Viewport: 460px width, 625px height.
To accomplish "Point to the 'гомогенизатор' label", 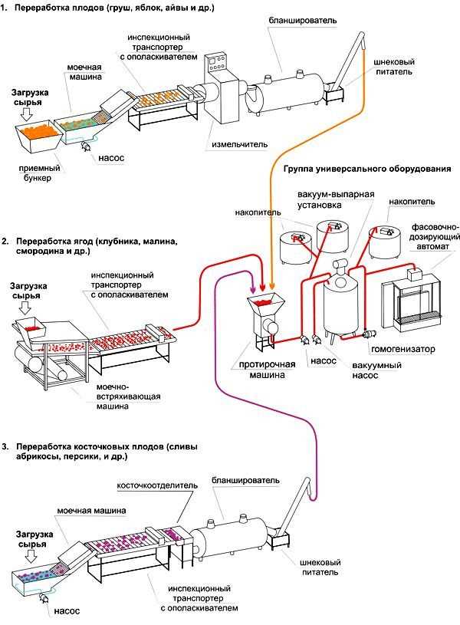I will pos(403,349).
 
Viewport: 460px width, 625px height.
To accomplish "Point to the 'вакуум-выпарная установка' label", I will pos(335,200).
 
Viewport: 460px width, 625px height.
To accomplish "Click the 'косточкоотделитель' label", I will pos(157,485).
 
